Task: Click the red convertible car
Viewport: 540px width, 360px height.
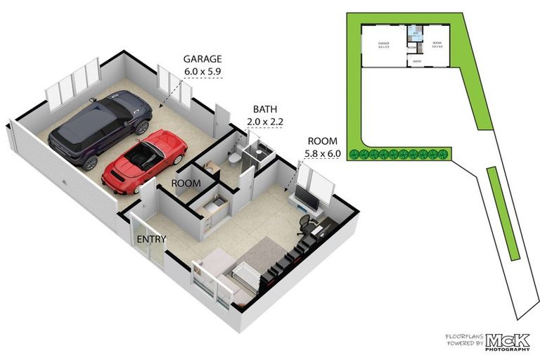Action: point(146,161)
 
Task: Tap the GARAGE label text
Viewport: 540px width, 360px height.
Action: point(202,59)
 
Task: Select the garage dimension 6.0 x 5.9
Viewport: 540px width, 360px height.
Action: point(202,71)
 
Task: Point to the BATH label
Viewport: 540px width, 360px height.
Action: point(264,110)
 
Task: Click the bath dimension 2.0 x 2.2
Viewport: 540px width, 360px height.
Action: point(264,122)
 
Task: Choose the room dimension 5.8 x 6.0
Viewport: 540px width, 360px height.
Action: point(322,151)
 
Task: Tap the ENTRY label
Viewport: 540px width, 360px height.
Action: point(151,239)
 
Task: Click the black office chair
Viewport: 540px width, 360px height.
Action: point(304,224)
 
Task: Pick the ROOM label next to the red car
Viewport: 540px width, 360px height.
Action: point(186,184)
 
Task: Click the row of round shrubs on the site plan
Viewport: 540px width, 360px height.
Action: point(401,153)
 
